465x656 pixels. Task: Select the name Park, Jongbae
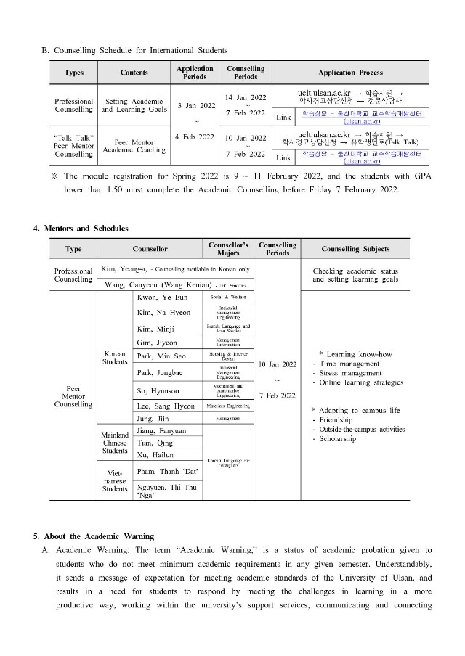point(160,373)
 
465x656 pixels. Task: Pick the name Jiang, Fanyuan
point(161,431)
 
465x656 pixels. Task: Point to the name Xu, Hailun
point(155,455)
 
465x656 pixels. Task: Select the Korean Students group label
point(115,358)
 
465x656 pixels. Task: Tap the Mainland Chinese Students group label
point(114,443)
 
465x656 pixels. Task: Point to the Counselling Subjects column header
point(355,249)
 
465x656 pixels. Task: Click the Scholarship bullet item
point(339,439)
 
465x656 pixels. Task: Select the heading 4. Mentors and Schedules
point(81,229)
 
